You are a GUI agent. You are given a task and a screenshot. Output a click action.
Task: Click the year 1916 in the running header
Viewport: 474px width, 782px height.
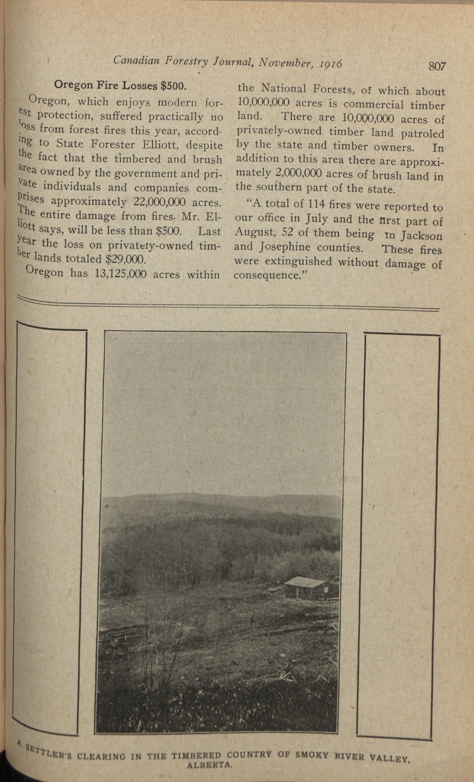click(x=331, y=64)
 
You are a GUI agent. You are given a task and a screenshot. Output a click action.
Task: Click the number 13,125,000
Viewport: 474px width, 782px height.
click(x=121, y=274)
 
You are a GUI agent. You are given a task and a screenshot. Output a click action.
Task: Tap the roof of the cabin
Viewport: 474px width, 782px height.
click(x=304, y=581)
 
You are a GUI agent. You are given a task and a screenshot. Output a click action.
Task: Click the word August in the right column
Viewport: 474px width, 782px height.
click(x=252, y=233)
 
